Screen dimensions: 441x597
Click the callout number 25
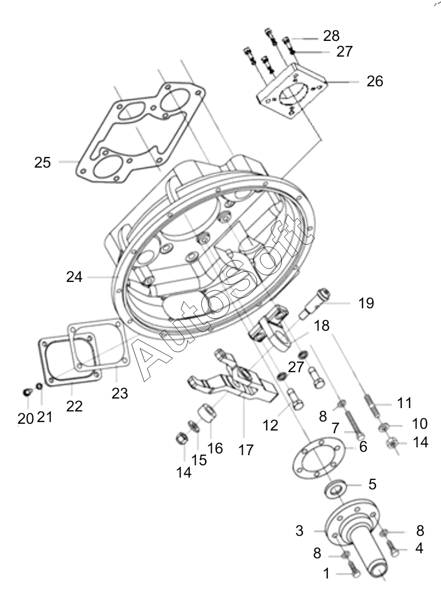tap(42, 162)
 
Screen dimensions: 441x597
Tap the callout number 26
tap(375, 81)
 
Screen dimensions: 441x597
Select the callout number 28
tap(331, 36)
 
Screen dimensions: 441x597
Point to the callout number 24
tap(74, 277)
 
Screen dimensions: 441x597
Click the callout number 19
tap(366, 303)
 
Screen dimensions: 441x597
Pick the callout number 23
tap(119, 393)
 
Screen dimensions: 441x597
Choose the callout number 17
tap(246, 450)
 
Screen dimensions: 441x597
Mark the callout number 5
tap(372, 484)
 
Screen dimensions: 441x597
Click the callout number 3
tap(299, 531)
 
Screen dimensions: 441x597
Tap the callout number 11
tap(405, 402)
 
